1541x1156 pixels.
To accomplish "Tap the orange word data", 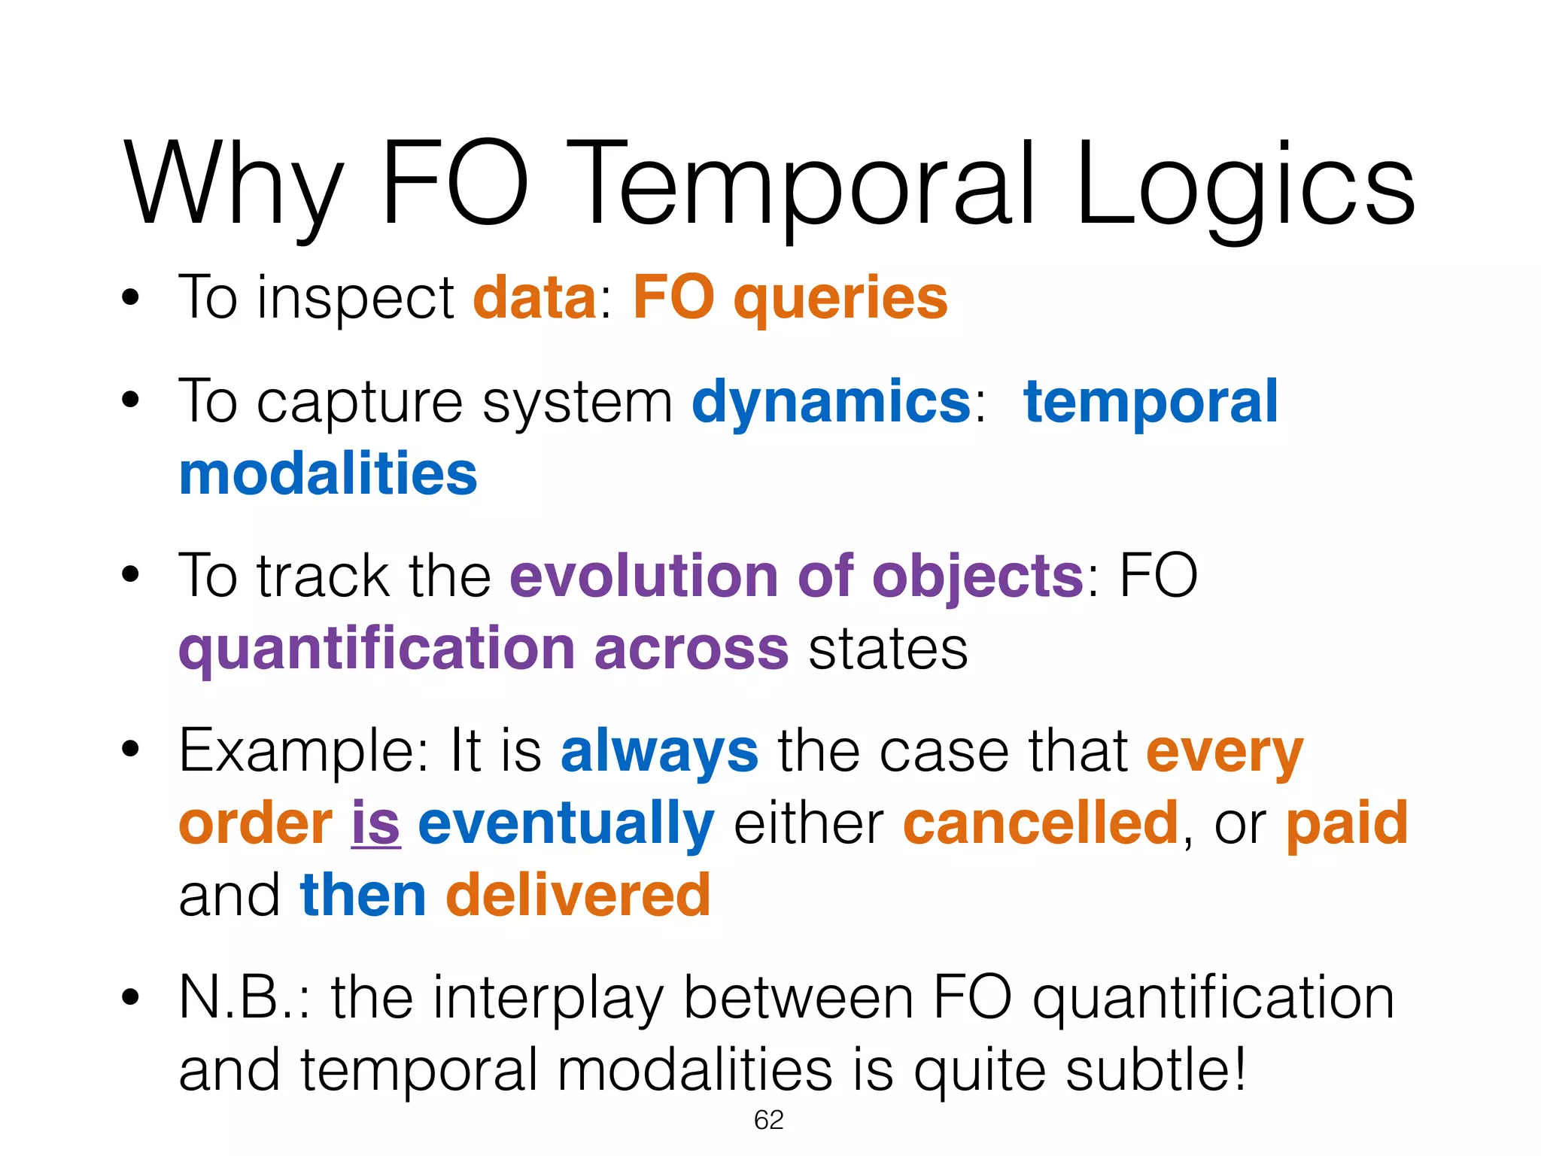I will pyautogui.click(x=535, y=298).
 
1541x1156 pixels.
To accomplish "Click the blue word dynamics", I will pyautogui.click(x=831, y=403).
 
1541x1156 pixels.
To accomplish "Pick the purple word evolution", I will pyautogui.click(x=644, y=576).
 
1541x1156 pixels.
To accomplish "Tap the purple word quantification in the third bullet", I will pyautogui.click(x=376, y=649).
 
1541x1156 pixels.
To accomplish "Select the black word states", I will pyautogui.click(x=888, y=649).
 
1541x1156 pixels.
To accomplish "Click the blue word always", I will pyautogui.click(x=659, y=752).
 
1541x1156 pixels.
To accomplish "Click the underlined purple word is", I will pyautogui.click(x=375, y=823).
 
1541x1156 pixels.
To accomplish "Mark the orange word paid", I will pyautogui.click(x=1346, y=824).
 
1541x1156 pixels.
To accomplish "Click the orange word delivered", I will pyautogui.click(x=578, y=895).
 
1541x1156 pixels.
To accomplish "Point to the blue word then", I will pyautogui.click(x=363, y=895).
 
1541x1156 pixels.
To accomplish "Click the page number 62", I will pyautogui.click(x=768, y=1121).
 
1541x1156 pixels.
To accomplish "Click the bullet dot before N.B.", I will pyautogui.click(x=131, y=998).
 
